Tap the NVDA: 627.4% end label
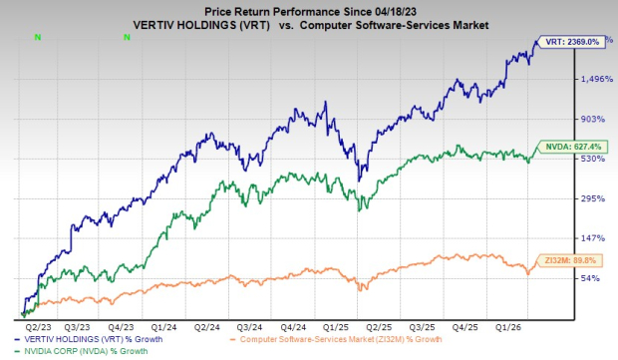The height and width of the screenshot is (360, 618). click(576, 147)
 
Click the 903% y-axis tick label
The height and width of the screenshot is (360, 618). click(566, 119)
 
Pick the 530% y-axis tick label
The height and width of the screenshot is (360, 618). click(566, 159)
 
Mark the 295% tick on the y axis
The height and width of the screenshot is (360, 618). click(566, 198)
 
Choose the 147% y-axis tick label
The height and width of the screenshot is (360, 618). click(566, 237)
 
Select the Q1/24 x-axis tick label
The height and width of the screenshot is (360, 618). click(164, 325)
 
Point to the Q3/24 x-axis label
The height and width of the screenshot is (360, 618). click(249, 325)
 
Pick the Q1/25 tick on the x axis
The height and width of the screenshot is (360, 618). click(334, 325)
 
